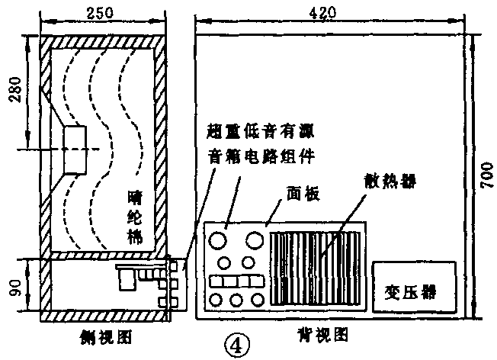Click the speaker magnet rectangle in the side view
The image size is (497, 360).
pos(76,148)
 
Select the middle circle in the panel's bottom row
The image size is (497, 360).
pos(236,300)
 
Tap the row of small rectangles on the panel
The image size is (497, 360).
pos(236,281)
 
